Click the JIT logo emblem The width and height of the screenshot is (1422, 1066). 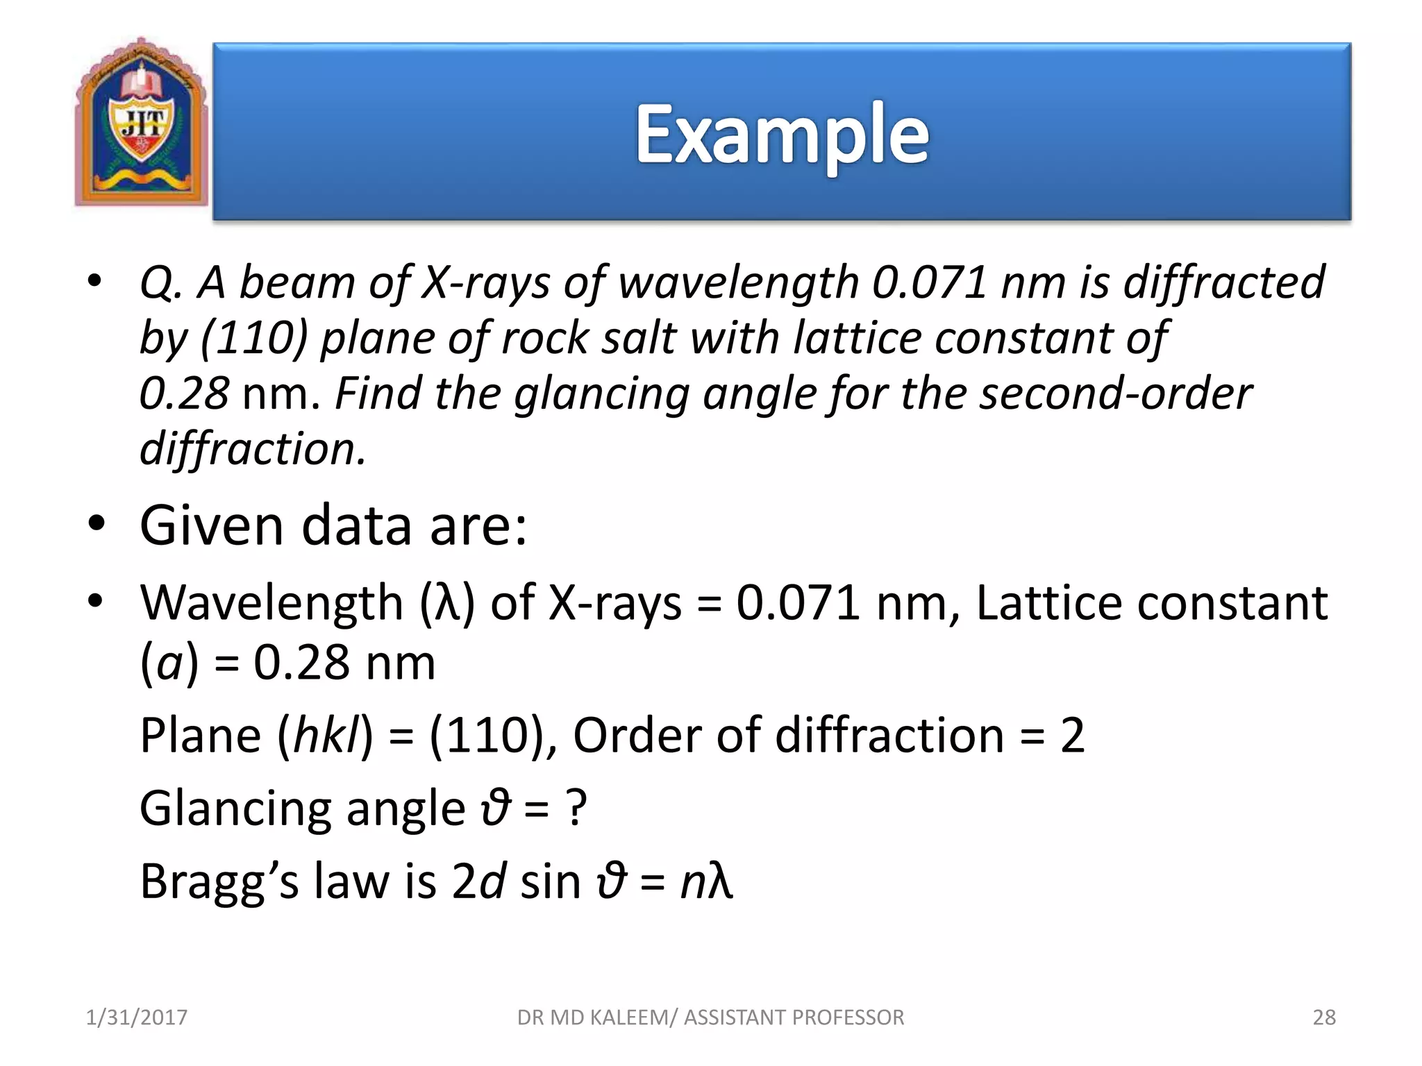click(x=142, y=123)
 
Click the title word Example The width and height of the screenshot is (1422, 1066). click(x=782, y=135)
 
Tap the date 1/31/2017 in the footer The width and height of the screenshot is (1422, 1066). click(x=136, y=1017)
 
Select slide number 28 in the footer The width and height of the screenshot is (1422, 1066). click(x=1324, y=1017)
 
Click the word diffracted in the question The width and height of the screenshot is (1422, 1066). click(x=1223, y=283)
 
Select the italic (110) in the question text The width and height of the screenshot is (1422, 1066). click(x=253, y=339)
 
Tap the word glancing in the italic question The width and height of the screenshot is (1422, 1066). click(x=601, y=394)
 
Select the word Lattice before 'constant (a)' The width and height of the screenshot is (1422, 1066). click(x=1048, y=602)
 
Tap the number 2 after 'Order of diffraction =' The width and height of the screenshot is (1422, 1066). click(x=1072, y=736)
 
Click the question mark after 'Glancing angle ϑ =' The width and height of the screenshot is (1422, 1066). click(x=576, y=809)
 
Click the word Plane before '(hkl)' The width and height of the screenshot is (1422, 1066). click(x=200, y=736)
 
